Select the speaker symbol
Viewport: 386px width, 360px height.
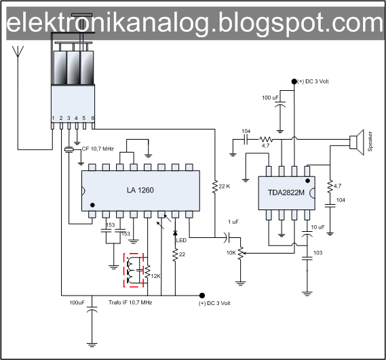(x=355, y=142)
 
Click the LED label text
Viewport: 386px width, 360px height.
(x=181, y=239)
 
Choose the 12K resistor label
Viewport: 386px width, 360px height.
(x=156, y=276)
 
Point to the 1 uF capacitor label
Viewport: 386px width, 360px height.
(x=232, y=222)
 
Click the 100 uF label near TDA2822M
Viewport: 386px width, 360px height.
(x=271, y=98)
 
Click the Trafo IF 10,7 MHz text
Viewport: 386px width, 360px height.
(x=130, y=302)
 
